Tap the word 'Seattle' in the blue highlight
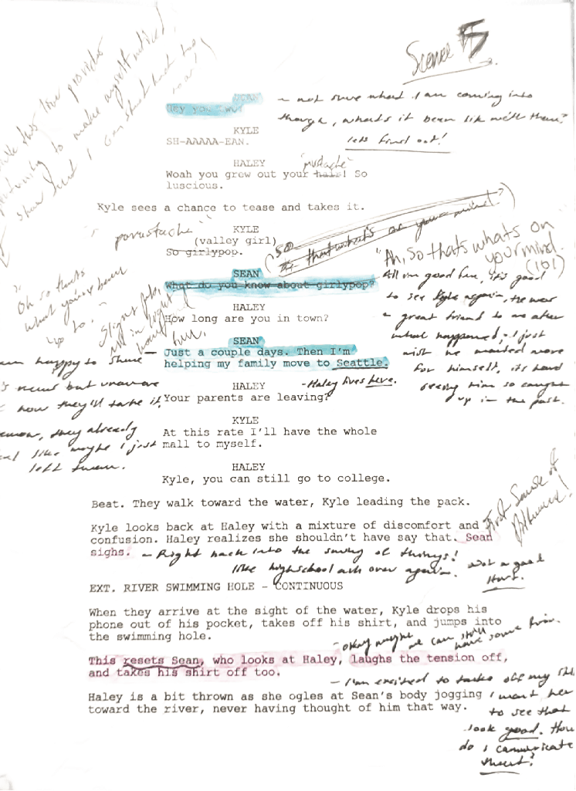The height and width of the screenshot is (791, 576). pyautogui.click(x=361, y=363)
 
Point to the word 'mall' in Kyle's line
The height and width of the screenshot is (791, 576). pyautogui.click(x=175, y=444)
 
